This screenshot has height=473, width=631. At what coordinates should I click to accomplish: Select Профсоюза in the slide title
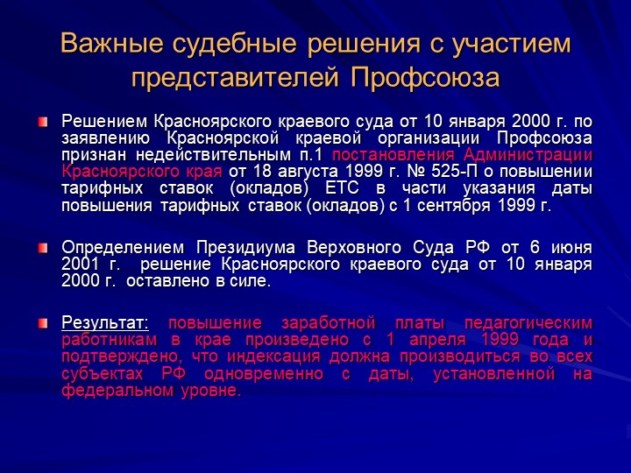pos(425,77)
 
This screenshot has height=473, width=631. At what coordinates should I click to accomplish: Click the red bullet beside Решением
pos(43,122)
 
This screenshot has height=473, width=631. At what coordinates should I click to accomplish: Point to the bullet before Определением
pos(43,248)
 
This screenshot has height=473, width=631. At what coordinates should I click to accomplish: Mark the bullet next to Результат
pos(43,323)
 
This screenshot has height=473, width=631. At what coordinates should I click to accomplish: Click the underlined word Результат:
pos(105,323)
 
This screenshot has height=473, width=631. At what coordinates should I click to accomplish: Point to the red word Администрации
pos(528,156)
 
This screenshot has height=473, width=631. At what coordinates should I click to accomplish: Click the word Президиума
pos(246,248)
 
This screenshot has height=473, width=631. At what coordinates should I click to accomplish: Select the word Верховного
pos(354,248)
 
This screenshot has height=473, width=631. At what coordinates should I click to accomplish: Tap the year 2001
pos(80,265)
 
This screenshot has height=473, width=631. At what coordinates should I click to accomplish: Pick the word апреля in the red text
pos(437,341)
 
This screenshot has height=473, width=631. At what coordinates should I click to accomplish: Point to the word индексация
pos(273,357)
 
